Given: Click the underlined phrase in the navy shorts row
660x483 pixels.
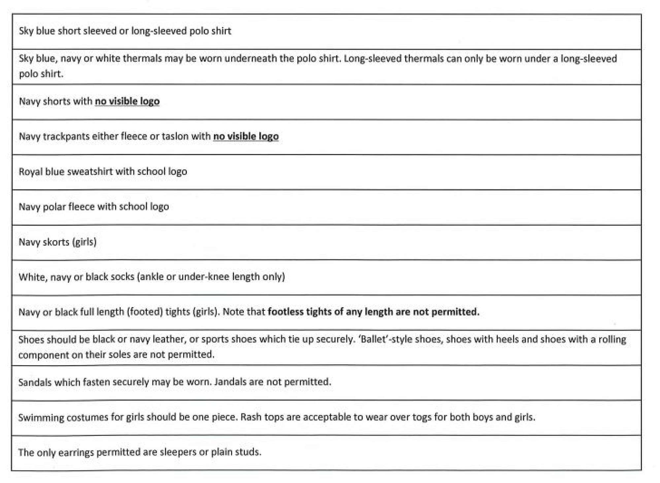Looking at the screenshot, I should [127, 101].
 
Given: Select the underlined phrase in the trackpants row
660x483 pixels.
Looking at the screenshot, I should [246, 136].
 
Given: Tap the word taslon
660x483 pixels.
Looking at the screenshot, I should [179, 136].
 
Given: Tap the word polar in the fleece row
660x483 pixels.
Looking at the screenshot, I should [54, 207].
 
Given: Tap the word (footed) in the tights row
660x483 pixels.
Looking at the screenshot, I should [145, 312].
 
